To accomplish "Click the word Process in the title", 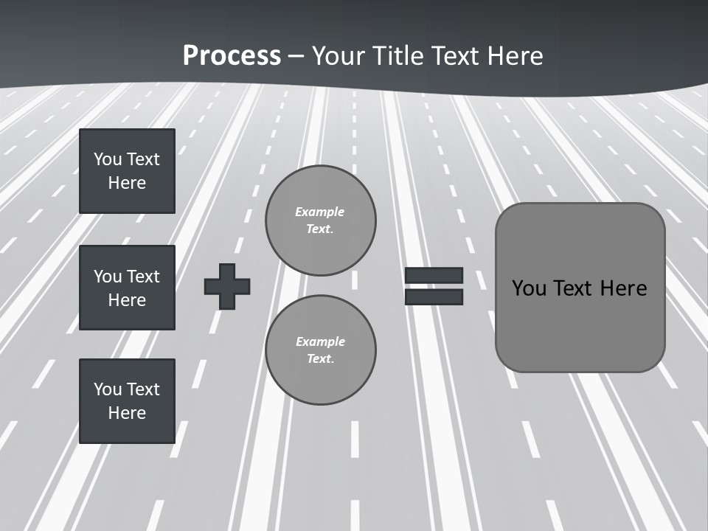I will pos(232,56).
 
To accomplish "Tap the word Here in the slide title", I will pos(515,56).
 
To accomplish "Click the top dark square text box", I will pos(127,171).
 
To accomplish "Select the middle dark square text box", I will pos(127,288).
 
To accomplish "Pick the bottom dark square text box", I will pos(127,401).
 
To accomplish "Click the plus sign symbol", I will pos(227,286).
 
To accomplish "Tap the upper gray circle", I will pos(320,221).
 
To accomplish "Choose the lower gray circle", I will pos(320,350).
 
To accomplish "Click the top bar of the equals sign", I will pos(434,275).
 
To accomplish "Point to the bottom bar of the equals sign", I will pos(434,297).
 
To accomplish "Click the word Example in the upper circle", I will pos(320,212).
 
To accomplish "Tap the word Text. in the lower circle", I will pos(320,358).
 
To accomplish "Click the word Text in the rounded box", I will pos(573,288).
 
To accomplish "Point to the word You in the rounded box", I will pos(529,288).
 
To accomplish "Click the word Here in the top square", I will pos(127,183).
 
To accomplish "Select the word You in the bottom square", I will pos(108,389).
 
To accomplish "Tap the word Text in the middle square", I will pos(143,277).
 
